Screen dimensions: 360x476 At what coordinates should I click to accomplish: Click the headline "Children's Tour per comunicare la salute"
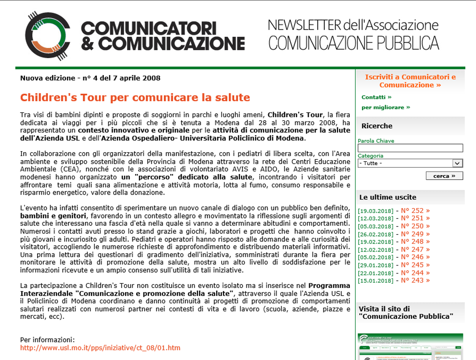point(135,97)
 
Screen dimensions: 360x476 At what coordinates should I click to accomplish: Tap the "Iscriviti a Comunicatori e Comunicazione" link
point(410,81)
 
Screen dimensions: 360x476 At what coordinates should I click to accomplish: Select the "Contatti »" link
point(376,97)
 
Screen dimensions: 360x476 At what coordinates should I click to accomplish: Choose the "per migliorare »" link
point(386,107)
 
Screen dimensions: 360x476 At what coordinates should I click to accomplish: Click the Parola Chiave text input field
point(410,148)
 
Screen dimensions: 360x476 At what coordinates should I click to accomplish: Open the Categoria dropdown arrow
point(457,163)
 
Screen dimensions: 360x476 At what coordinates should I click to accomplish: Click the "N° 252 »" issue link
point(415,211)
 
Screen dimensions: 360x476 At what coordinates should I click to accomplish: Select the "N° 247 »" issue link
point(415,250)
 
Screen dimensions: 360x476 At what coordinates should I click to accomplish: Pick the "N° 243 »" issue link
point(415,280)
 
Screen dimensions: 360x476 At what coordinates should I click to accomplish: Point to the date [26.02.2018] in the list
point(375,234)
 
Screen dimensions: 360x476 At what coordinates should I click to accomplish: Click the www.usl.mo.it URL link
point(100,348)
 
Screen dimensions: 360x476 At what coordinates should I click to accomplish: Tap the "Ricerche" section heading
point(377,126)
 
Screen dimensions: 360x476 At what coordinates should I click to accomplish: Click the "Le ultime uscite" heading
point(387,197)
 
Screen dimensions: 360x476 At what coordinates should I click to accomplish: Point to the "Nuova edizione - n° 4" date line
point(90,78)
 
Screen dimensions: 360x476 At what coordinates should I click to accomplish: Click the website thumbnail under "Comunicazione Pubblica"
point(410,347)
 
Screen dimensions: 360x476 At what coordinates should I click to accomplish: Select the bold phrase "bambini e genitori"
point(53,216)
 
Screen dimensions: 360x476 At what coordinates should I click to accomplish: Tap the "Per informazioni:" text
point(47,340)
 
